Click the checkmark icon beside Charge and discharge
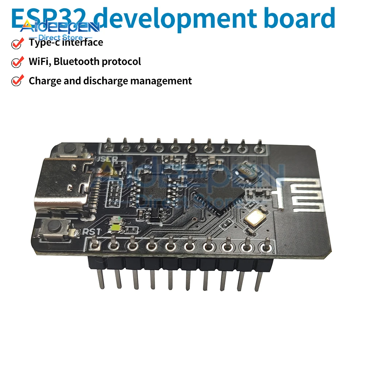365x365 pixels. pos(17,81)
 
